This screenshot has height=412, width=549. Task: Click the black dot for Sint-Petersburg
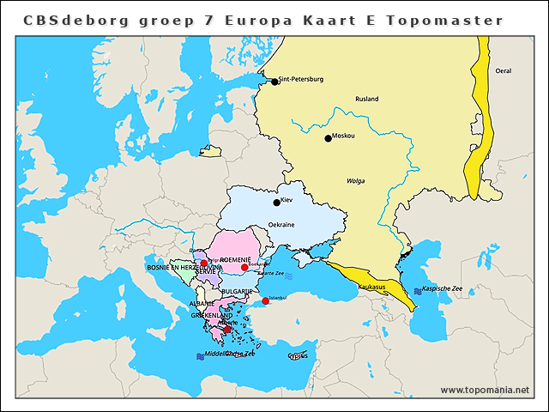pyautogui.click(x=274, y=82)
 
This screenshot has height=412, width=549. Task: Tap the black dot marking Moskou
pyautogui.click(x=328, y=138)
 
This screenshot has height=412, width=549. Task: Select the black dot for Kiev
pyautogui.click(x=276, y=203)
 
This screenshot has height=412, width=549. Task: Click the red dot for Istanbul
pyautogui.click(x=265, y=301)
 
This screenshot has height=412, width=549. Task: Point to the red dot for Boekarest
pyautogui.click(x=244, y=268)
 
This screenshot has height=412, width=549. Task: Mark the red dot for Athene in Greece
pyautogui.click(x=226, y=329)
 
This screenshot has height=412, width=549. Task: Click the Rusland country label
pyautogui.click(x=366, y=100)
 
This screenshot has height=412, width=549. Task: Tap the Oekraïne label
pyautogui.click(x=281, y=225)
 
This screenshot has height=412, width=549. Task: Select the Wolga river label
pyautogui.click(x=355, y=182)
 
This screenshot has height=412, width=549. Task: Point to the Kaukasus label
pyautogui.click(x=371, y=286)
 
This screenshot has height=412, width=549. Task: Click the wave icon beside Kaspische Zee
pyautogui.click(x=418, y=291)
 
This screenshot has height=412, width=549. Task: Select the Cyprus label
pyautogui.click(x=298, y=355)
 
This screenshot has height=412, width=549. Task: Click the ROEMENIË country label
pyautogui.click(x=235, y=259)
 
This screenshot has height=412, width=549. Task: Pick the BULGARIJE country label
pyautogui.click(x=237, y=292)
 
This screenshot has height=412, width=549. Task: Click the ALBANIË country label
pyautogui.click(x=202, y=304)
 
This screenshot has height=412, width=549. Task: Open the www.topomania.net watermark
pyautogui.click(x=485, y=391)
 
